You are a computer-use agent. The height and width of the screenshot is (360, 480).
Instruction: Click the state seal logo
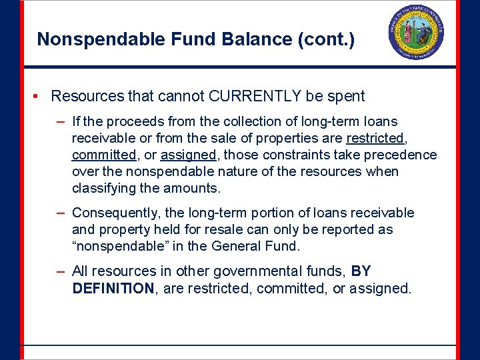pos(416,33)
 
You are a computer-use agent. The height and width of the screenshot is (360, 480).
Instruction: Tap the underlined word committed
pos(103,155)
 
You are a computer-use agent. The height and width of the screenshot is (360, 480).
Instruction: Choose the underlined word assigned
pos(188,155)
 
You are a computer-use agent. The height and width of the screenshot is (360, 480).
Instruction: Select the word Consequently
pos(117,213)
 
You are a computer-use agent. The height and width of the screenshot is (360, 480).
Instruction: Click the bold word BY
pos(361,271)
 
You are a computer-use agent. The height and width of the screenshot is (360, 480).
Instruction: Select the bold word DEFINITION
pos(113,288)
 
